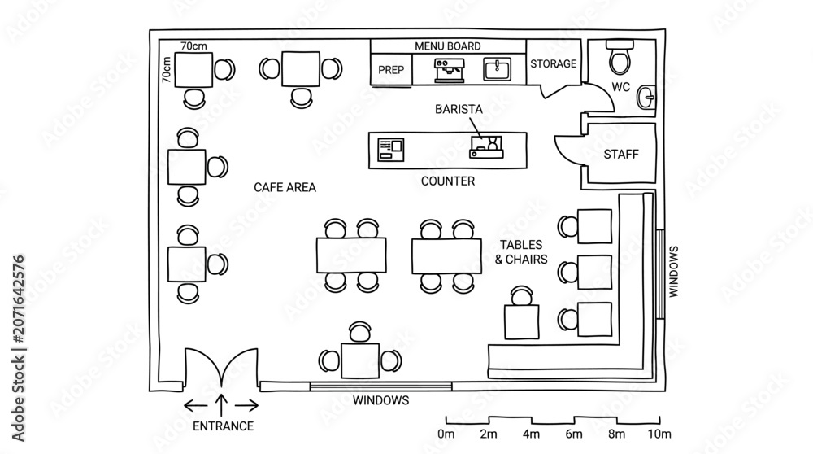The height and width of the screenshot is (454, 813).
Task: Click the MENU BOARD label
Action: [x=447, y=46]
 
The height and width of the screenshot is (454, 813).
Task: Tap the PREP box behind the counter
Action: [x=392, y=69]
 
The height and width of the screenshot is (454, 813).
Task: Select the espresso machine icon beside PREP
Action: [x=449, y=70]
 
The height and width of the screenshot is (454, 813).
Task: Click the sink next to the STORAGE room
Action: [x=497, y=69]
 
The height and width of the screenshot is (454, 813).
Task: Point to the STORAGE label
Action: [x=553, y=63]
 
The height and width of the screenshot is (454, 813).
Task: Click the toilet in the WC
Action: [x=620, y=57]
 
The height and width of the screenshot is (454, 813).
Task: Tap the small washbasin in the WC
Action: [x=646, y=97]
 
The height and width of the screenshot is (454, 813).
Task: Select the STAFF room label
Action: [x=620, y=154]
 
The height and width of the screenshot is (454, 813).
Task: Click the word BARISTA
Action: [x=459, y=109]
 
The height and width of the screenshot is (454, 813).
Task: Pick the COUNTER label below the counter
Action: [x=447, y=181]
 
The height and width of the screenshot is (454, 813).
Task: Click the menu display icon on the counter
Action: [x=390, y=150]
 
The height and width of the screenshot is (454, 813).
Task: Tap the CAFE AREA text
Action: [x=285, y=187]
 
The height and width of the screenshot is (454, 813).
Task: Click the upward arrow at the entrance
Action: [x=221, y=404]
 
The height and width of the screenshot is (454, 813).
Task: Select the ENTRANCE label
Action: [x=223, y=426]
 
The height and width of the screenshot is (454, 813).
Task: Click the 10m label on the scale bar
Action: [x=659, y=434]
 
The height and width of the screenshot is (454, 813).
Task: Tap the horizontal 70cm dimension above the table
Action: [x=193, y=46]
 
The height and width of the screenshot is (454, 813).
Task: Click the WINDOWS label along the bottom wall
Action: [x=380, y=400]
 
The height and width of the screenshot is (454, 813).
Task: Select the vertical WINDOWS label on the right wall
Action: [x=673, y=272]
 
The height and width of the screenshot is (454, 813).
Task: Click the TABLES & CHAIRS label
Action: [x=521, y=252]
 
